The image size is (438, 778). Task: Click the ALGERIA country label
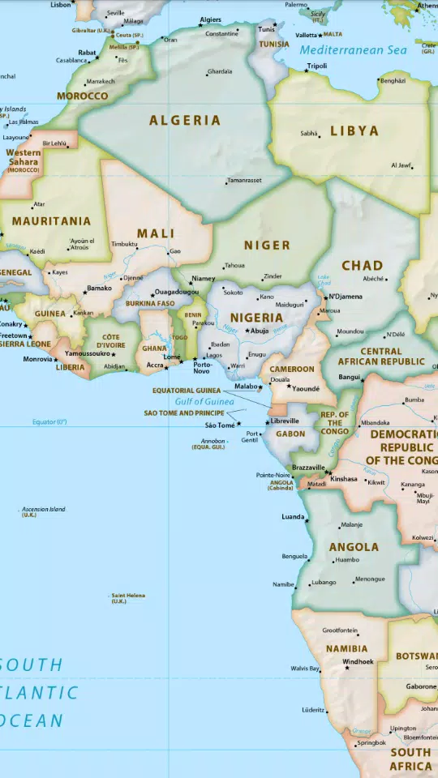[x=184, y=121]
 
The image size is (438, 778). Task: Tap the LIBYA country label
[x=354, y=130]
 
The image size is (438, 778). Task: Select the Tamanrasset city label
[x=244, y=180]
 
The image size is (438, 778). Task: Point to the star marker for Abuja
[x=248, y=331]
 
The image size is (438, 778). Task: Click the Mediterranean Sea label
[x=353, y=50]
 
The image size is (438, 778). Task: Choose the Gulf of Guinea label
[x=204, y=401]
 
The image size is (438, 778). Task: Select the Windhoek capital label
[x=358, y=661]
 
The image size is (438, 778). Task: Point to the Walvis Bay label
[x=304, y=669]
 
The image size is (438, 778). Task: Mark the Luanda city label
[x=293, y=516]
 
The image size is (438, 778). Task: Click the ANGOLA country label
[x=354, y=547]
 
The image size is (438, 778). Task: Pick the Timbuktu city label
[x=124, y=244]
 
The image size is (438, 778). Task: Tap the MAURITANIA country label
[x=51, y=220]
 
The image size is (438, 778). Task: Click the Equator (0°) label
[x=49, y=421]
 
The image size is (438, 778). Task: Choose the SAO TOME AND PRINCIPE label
[x=184, y=413]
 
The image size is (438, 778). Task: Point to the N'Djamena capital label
[x=346, y=297]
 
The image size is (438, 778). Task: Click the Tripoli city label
[x=317, y=66]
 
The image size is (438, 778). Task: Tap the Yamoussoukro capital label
[x=87, y=353]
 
